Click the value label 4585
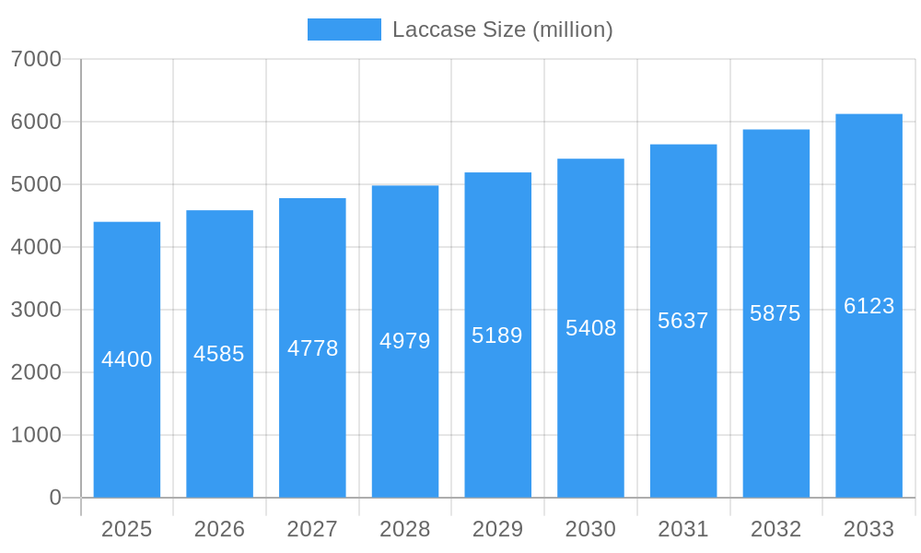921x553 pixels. click(219, 354)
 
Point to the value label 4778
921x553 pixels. click(313, 348)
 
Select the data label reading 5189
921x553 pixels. click(497, 335)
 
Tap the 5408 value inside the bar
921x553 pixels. click(590, 328)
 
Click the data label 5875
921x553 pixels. click(775, 313)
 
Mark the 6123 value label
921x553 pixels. click(869, 306)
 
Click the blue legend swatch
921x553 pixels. click(344, 29)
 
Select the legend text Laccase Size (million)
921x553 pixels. click(502, 29)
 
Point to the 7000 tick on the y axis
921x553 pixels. click(36, 59)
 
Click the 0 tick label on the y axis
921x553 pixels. click(54, 498)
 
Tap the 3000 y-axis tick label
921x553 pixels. click(36, 310)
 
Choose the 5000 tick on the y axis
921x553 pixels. click(36, 184)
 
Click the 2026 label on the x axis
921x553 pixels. click(219, 529)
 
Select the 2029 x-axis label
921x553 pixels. click(497, 529)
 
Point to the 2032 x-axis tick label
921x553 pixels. click(775, 529)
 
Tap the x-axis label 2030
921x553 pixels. click(590, 529)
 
